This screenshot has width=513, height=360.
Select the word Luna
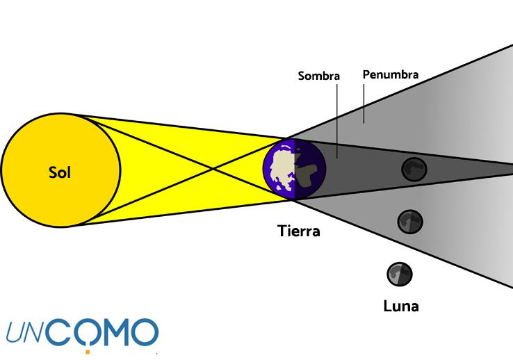tap(401, 304)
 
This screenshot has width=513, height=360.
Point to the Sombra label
tap(318, 76)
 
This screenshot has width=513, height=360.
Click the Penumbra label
tap(390, 74)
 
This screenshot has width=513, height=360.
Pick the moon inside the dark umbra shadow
tap(414, 168)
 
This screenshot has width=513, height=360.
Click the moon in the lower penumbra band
tap(410, 222)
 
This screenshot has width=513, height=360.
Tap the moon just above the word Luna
tap(400, 273)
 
